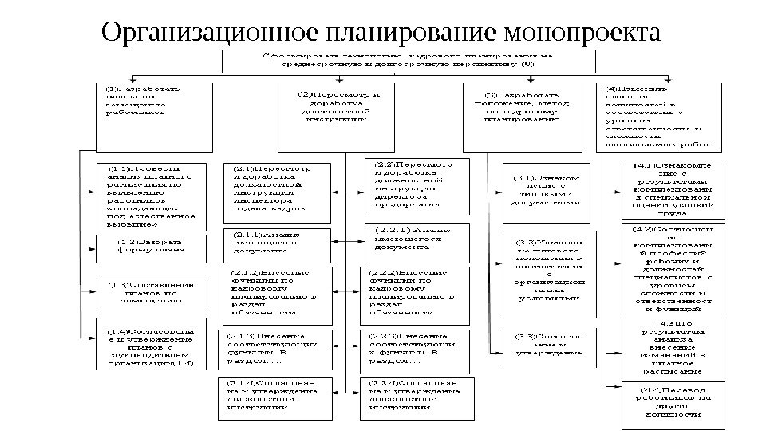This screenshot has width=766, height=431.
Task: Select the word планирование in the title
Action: pos(405,34)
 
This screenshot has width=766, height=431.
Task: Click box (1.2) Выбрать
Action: pos(152,244)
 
